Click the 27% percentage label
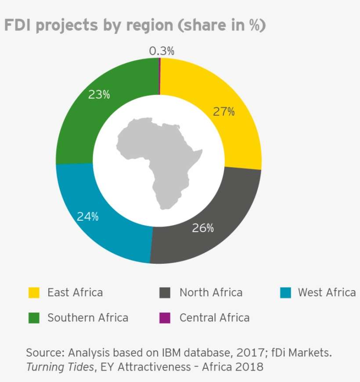224,112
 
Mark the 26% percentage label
203,228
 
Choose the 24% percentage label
88,216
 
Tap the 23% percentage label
99,95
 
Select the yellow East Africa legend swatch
34,293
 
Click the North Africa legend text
211,293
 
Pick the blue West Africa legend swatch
285,293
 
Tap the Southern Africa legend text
88,317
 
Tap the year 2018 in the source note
249,366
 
